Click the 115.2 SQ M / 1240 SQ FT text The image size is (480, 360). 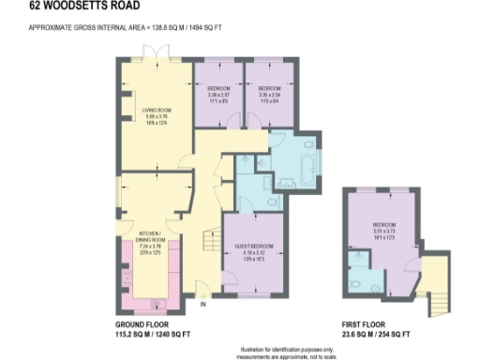[153, 334]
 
